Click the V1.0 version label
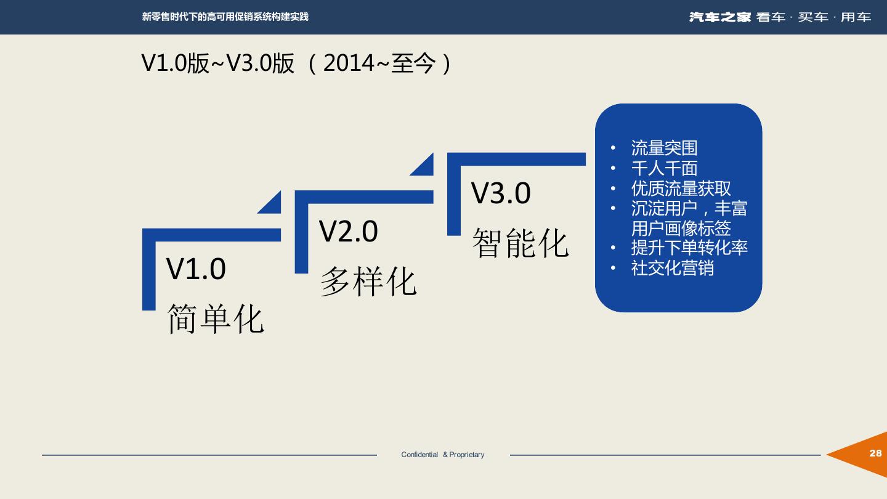coord(196,269)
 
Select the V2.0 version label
coord(348,232)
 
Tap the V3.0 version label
coord(501,193)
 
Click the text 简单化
coord(216,318)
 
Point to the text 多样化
coord(368,282)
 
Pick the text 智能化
coord(520,243)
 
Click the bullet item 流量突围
coord(664,148)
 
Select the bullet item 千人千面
coord(664,168)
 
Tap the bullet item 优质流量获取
coord(681,189)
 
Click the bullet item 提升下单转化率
coord(689,248)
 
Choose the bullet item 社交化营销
coord(672,268)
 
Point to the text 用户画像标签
coord(681,228)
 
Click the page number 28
coord(875,453)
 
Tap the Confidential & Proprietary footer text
coord(442,455)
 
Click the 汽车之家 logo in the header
coord(719,17)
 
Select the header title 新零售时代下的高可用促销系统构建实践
coord(225,17)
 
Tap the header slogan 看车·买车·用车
coord(814,17)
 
